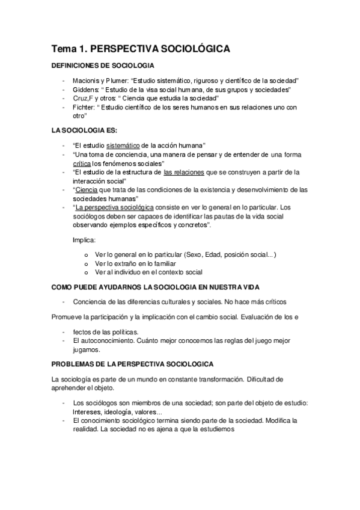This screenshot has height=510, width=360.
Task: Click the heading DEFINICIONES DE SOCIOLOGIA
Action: coord(103,66)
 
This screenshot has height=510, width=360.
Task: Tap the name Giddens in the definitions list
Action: coord(85,90)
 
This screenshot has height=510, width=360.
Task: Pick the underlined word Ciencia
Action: coord(84,189)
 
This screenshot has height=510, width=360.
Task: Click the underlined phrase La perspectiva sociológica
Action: coord(112,207)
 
